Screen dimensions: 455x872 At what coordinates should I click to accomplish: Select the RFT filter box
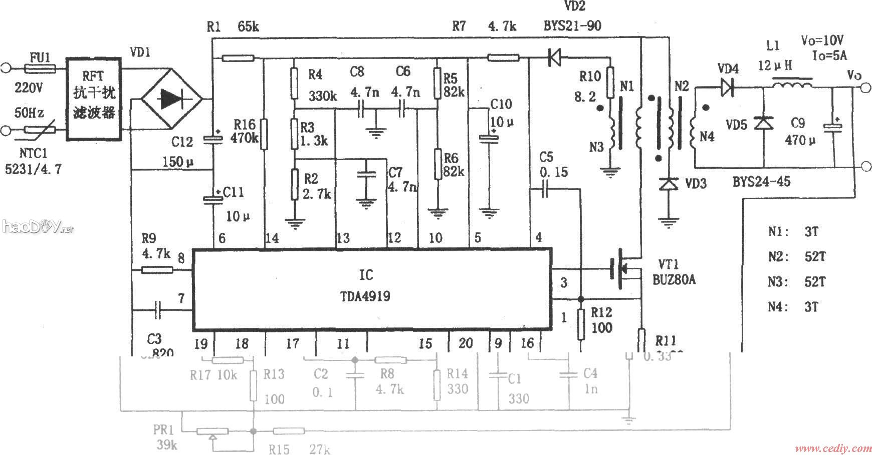point(94,99)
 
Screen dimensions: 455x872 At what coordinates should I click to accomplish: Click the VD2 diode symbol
point(554,59)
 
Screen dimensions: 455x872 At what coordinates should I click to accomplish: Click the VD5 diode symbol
point(764,122)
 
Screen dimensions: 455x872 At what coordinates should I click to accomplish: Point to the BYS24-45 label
point(761,182)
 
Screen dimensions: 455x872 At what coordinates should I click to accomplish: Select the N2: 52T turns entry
point(797,257)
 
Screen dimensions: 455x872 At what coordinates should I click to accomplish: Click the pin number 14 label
point(272,238)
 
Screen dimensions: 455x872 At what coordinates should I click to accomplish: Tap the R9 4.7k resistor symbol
point(157,270)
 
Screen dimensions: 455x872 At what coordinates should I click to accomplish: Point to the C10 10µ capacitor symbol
point(486,137)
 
